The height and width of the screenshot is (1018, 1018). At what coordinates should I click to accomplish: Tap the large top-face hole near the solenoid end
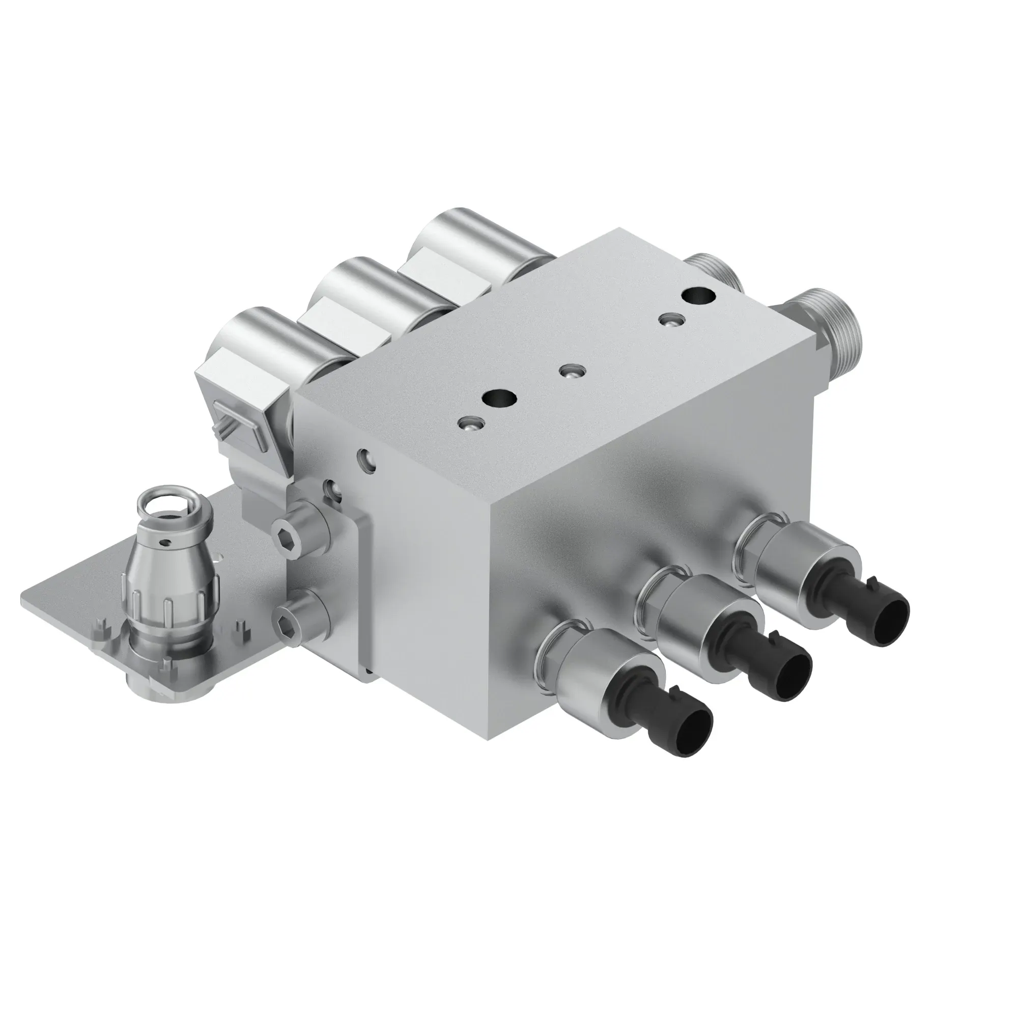[498, 399]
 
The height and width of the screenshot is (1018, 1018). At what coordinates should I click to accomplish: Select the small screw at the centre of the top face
[570, 372]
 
